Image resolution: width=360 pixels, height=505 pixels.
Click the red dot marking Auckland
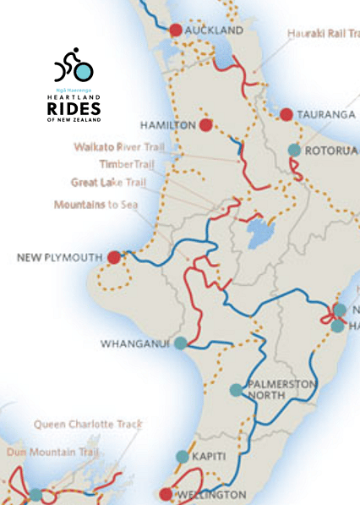click(176, 30)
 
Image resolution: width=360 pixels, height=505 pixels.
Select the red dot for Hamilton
click(206, 125)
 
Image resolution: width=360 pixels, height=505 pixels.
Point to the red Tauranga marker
click(286, 114)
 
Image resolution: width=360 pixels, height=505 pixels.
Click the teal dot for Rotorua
click(294, 150)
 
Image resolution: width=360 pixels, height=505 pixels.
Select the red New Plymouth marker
click(114, 256)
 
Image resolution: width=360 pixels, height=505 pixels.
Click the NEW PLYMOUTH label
click(60, 256)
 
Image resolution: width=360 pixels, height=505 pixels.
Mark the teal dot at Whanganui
click(180, 343)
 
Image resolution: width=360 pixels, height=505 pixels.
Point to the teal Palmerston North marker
click(236, 390)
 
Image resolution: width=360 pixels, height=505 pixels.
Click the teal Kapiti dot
click(183, 457)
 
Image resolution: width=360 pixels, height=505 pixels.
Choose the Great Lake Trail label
click(111, 182)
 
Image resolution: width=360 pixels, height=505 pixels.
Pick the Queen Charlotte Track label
click(89, 425)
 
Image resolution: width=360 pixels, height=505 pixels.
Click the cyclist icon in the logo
click(74, 65)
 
